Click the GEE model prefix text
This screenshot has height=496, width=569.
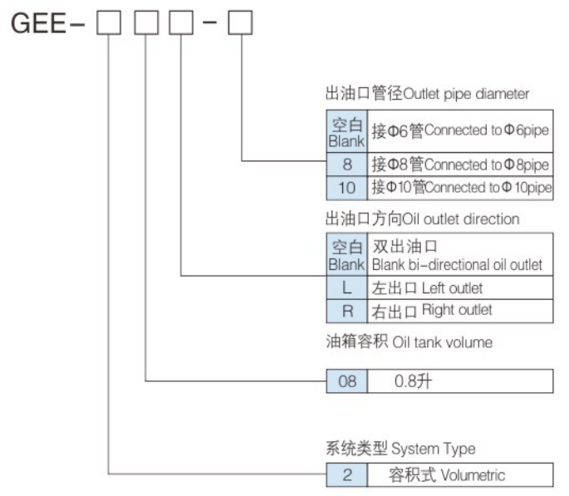[x=40, y=25]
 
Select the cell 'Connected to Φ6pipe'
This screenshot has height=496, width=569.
[x=459, y=130]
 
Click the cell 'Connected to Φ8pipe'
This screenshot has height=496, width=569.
[x=459, y=164]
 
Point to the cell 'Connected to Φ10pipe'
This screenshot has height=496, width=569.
[x=459, y=188]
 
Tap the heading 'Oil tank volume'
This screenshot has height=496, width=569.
[x=408, y=342]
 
